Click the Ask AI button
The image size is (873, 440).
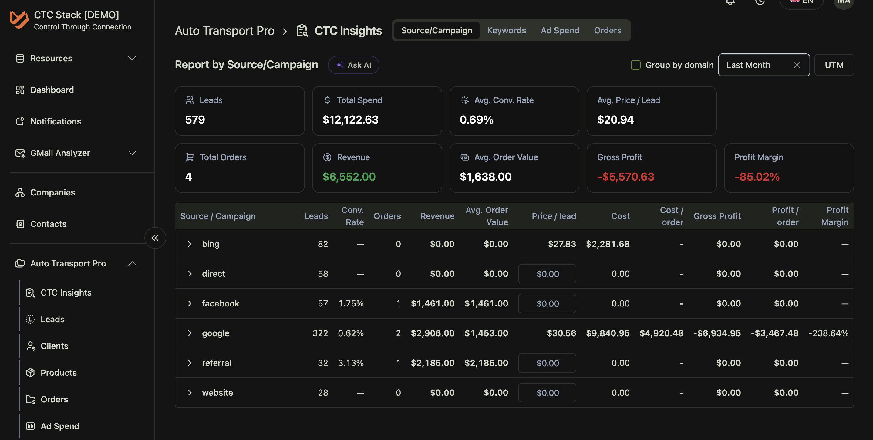pyautogui.click(x=353, y=65)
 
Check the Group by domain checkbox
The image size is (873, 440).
pyautogui.click(x=635, y=65)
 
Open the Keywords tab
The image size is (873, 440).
pyautogui.click(x=506, y=31)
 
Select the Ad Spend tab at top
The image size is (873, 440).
pyautogui.click(x=560, y=31)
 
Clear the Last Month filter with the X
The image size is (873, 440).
pyautogui.click(x=797, y=65)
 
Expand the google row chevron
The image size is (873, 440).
pyautogui.click(x=190, y=333)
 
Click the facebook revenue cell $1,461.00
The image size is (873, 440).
pyautogui.click(x=433, y=303)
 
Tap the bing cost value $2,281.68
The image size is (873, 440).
pyautogui.click(x=608, y=244)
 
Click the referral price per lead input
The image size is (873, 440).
pyautogui.click(x=547, y=363)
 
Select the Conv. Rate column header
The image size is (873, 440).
pyautogui.click(x=352, y=216)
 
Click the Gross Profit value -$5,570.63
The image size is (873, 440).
pyautogui.click(x=625, y=177)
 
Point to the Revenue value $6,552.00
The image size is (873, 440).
pyautogui.click(x=349, y=177)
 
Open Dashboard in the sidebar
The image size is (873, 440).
pyautogui.click(x=52, y=90)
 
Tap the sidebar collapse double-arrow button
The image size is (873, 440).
pyautogui.click(x=155, y=238)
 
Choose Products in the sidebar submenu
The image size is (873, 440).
pyautogui.click(x=58, y=373)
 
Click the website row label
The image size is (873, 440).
pyautogui.click(x=217, y=393)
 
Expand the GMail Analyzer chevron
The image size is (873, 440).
pyautogui.click(x=132, y=153)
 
